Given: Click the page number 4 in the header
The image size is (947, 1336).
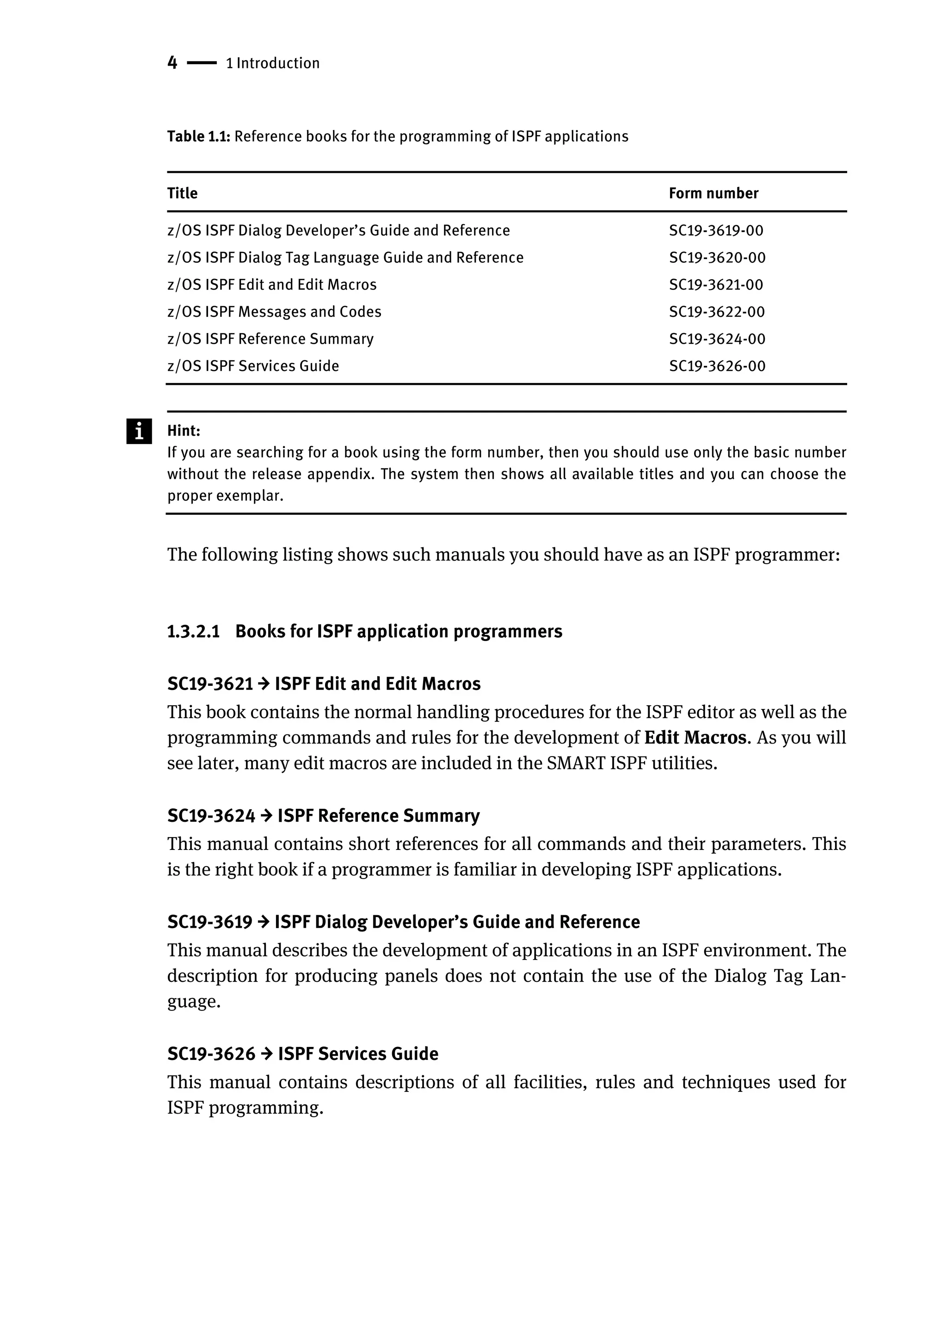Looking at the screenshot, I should tap(172, 62).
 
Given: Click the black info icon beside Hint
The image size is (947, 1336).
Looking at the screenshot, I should tap(139, 431).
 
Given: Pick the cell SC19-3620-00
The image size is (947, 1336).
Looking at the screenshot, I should tap(717, 258).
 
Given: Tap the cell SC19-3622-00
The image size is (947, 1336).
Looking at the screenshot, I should tap(716, 312).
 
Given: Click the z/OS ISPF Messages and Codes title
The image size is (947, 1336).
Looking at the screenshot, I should tap(274, 312).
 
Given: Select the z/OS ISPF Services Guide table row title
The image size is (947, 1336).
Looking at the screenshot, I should tap(252, 366).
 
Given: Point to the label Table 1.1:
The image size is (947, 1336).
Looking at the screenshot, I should tap(199, 136).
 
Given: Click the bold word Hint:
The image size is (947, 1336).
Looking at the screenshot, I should tap(184, 431).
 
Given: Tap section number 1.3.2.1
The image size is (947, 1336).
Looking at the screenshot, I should tap(193, 632).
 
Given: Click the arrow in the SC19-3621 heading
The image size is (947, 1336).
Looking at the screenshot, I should tap(264, 683).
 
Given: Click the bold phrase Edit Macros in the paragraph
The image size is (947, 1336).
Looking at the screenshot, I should tap(695, 738).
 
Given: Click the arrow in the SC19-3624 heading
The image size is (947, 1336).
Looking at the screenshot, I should tap(266, 815).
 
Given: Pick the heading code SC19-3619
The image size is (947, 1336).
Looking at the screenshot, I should tap(209, 922).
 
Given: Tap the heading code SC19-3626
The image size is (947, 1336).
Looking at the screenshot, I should tap(211, 1054).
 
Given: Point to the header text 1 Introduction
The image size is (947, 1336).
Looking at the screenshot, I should tap(272, 63).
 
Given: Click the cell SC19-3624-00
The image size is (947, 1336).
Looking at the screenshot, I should tap(717, 339).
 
